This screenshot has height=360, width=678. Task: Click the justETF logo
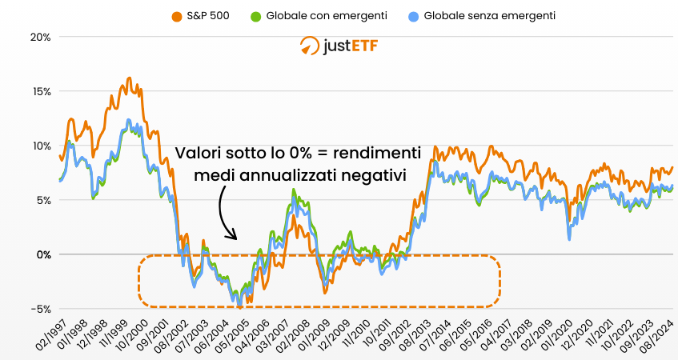point(339,46)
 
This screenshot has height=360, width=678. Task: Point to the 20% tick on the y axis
point(40,37)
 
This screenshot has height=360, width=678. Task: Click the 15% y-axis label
point(40,91)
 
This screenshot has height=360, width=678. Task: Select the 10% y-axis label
point(40,146)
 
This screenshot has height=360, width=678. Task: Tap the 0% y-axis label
point(43,254)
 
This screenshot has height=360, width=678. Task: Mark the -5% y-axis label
point(40,309)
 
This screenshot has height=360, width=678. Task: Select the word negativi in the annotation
point(377,174)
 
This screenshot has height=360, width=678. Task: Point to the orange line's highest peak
point(129,78)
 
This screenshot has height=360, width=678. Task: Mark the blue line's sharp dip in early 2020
point(569,238)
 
